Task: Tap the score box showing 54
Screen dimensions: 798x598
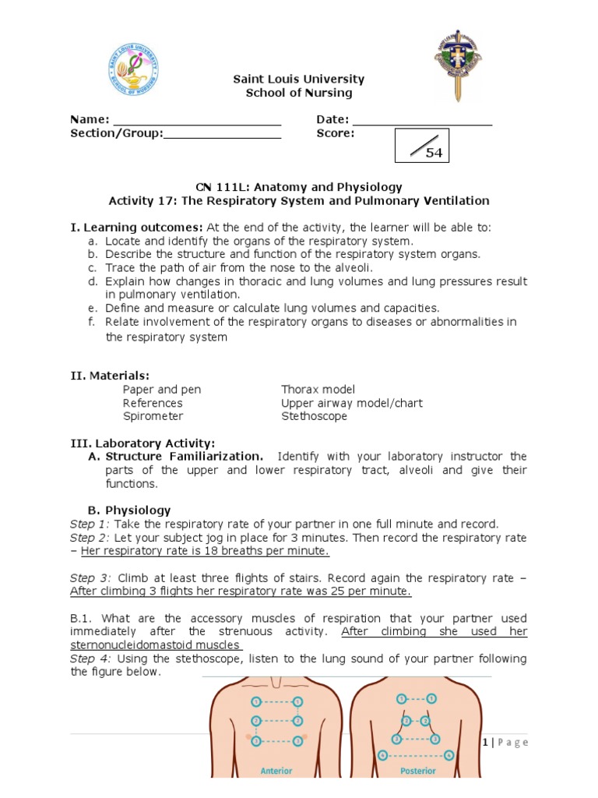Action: pyautogui.click(x=421, y=146)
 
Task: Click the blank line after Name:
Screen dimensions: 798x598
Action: pyautogui.click(x=197, y=123)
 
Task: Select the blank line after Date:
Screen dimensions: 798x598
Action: pyautogui.click(x=422, y=123)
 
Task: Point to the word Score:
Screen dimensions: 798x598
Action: pyautogui.click(x=336, y=133)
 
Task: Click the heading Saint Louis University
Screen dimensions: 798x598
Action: pyautogui.click(x=299, y=79)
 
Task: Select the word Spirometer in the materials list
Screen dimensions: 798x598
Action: pyautogui.click(x=153, y=417)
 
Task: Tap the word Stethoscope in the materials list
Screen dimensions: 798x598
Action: pyautogui.click(x=314, y=417)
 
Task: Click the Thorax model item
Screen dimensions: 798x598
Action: pyautogui.click(x=318, y=390)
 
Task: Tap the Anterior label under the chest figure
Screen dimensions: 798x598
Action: pyautogui.click(x=276, y=771)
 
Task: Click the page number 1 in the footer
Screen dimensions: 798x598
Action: pyautogui.click(x=485, y=743)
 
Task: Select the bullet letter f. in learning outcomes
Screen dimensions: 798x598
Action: pyautogui.click(x=92, y=322)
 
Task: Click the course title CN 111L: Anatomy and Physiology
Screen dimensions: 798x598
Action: pyautogui.click(x=298, y=187)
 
